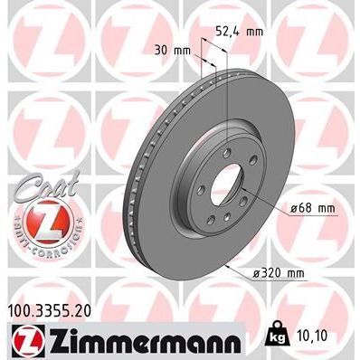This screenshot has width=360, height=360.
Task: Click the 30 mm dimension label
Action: click(x=173, y=51)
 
